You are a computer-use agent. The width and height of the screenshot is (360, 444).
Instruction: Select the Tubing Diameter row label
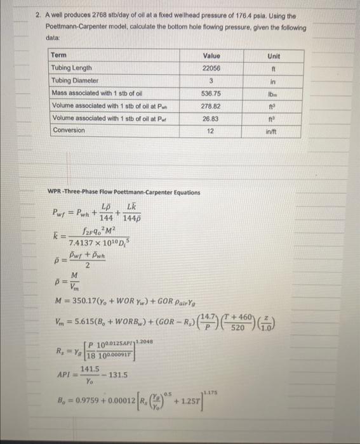click(75, 81)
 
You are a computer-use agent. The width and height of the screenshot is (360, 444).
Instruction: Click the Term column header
click(58, 56)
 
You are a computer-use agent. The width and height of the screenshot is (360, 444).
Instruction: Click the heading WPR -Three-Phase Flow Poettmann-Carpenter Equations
click(124, 192)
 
